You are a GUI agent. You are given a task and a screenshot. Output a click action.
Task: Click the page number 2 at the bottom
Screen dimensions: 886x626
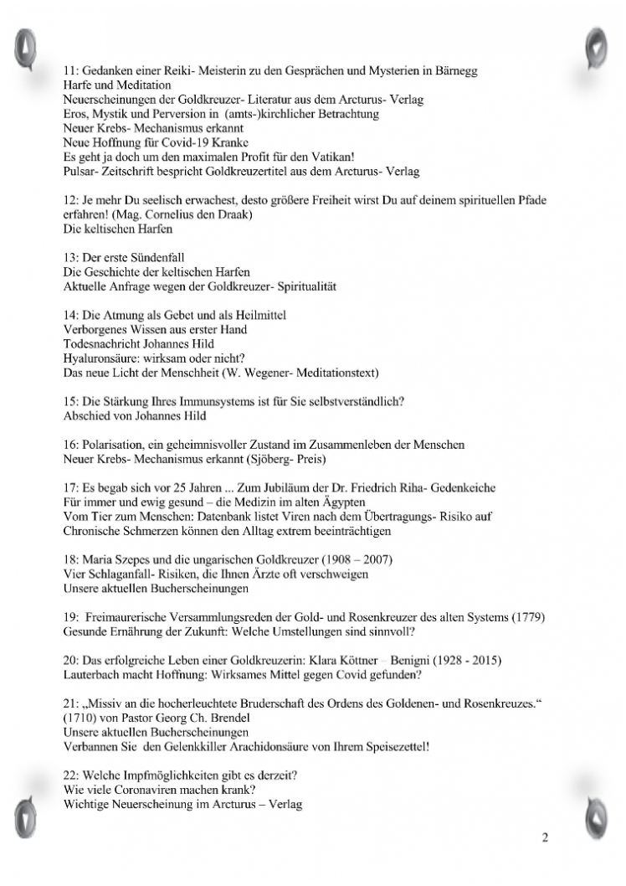[545, 838]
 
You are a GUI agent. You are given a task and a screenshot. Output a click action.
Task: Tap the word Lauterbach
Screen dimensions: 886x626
[95, 673]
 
